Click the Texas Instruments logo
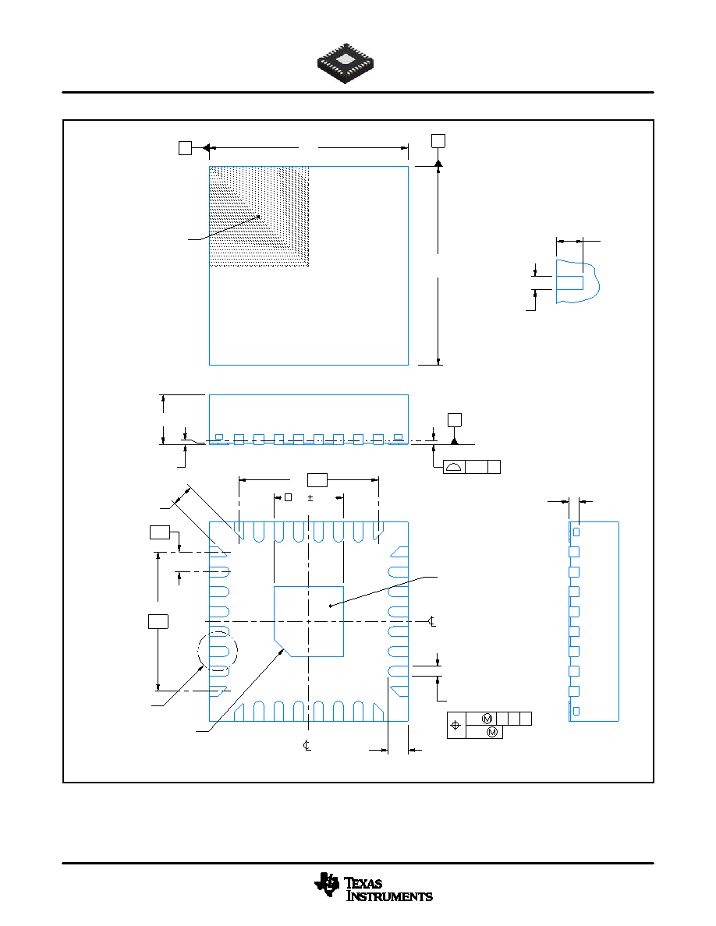[x=374, y=888]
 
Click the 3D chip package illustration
[x=345, y=63]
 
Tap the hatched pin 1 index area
[x=260, y=216]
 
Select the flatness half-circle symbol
[x=454, y=467]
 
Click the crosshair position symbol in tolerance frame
[x=455, y=725]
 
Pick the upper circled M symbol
[x=487, y=719]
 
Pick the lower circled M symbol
[x=492, y=732]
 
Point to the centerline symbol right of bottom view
[x=432, y=621]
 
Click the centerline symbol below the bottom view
[x=307, y=745]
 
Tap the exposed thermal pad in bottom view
[x=309, y=621]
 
